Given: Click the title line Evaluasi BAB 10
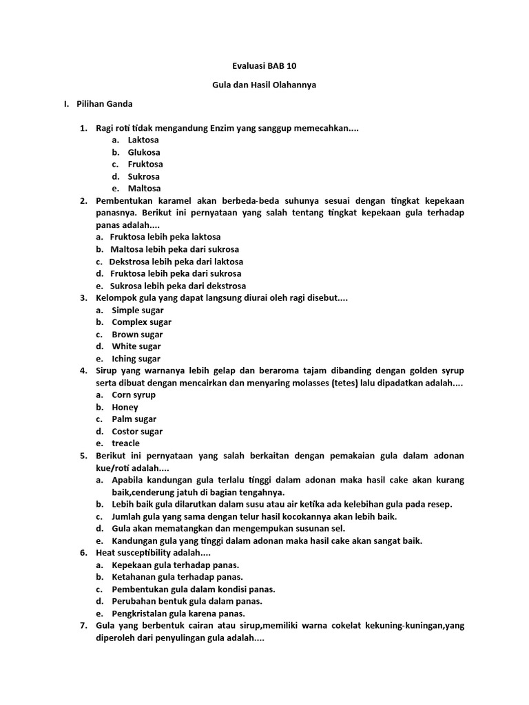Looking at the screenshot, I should click(x=264, y=67).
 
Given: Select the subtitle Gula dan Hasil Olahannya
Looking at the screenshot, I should click(x=264, y=85).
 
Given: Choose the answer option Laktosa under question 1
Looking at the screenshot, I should click(x=143, y=140).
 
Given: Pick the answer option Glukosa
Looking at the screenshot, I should click(x=144, y=152).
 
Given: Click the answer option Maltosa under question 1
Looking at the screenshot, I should click(x=144, y=188).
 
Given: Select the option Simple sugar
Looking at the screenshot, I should click(x=138, y=310).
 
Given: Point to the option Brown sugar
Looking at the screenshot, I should click(x=137, y=335).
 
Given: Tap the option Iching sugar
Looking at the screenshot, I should click(x=136, y=359).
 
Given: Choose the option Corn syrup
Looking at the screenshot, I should click(x=134, y=394).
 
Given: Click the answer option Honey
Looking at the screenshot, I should click(x=125, y=407).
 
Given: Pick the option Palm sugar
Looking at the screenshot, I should click(x=134, y=419).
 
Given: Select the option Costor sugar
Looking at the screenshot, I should click(x=137, y=431).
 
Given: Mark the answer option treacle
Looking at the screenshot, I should click(x=125, y=443).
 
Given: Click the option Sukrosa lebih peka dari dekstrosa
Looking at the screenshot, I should click(x=178, y=286).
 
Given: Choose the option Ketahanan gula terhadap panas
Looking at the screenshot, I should click(x=177, y=577).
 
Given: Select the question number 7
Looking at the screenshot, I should click(x=83, y=625).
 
